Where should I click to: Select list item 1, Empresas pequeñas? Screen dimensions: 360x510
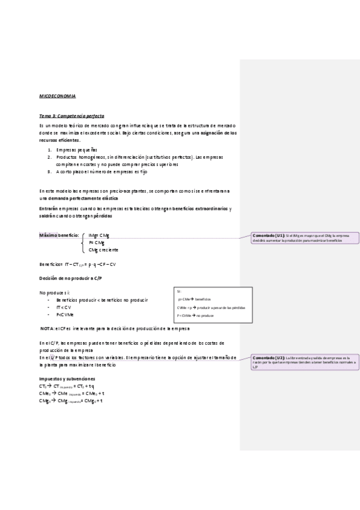76,149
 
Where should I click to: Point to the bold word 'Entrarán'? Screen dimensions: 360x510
49,208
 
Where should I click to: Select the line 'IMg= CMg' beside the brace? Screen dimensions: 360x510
99,235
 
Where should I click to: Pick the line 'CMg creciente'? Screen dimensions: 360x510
103,250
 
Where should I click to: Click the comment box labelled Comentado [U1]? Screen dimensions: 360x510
305,237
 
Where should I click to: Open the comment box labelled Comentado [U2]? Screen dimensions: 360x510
305,361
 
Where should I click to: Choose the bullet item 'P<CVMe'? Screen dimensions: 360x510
65,314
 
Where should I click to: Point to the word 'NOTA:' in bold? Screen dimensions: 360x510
47,329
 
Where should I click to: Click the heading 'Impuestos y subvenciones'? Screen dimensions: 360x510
67,378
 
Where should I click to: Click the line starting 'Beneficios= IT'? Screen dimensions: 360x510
78,264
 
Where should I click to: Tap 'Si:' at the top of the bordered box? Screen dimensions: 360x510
179,291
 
